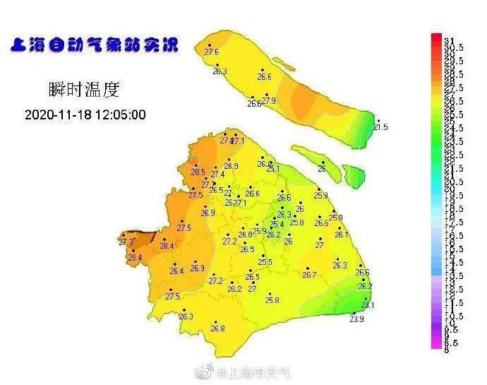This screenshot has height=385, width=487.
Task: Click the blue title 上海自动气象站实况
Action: click(94, 47)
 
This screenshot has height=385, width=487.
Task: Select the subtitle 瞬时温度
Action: click(85, 90)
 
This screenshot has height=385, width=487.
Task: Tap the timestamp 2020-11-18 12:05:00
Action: click(85, 114)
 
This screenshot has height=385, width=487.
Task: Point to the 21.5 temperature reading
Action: click(381, 127)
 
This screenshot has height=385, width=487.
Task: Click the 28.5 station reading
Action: click(198, 172)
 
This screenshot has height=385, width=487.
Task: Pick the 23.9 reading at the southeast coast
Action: click(357, 319)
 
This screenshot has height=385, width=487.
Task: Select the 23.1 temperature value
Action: click(368, 305)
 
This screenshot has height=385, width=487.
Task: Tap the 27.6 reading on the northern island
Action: click(211, 52)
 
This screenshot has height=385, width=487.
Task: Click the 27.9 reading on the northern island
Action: click(269, 102)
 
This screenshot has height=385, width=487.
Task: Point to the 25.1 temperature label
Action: click(272, 169)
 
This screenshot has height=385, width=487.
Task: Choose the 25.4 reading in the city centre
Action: click(277, 225)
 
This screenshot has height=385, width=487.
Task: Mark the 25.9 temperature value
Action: click(260, 231)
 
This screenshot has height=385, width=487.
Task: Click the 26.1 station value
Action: click(342, 235)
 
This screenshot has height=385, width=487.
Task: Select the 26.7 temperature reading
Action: click(309, 275)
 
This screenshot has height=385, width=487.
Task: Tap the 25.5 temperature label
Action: click(265, 263)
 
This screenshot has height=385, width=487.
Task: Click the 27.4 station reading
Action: click(217, 174)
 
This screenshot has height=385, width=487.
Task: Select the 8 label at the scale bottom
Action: click(447, 349)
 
